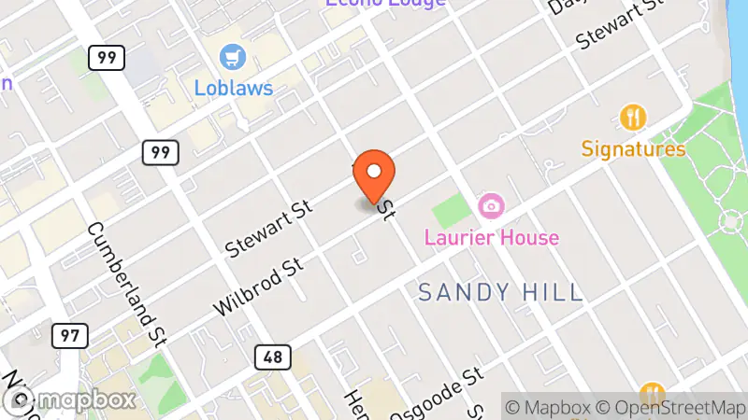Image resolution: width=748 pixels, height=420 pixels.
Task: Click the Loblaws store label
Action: point(234,88)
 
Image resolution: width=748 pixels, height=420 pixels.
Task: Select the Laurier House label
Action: point(491,237)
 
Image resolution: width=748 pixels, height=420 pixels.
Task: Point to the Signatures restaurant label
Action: point(633,148)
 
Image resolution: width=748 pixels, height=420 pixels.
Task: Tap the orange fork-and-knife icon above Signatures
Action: point(634,118)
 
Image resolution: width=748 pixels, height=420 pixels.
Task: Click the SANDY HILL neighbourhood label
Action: point(500,292)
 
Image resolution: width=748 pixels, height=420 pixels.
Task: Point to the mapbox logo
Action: point(70,399)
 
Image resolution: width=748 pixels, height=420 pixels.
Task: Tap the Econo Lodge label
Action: point(385,3)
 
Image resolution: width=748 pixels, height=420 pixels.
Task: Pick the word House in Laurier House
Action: point(528,237)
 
